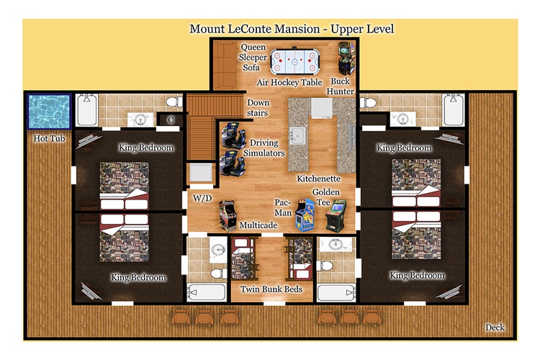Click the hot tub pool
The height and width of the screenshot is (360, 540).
(50, 112)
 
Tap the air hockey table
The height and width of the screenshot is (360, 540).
(294, 62)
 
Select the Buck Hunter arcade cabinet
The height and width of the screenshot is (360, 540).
(346, 58)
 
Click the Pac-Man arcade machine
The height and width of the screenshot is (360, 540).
(305, 215)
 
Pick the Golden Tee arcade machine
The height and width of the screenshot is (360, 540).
(336, 216)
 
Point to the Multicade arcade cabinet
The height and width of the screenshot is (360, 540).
(228, 216)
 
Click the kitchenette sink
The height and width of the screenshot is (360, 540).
(297, 135)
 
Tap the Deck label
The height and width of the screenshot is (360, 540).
(495, 328)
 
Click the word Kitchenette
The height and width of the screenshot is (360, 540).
(318, 179)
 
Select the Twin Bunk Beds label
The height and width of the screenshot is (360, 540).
(271, 289)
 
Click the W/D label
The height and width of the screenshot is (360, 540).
(202, 198)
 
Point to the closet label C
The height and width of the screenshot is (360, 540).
(171, 120)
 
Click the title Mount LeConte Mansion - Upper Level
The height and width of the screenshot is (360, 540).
(292, 29)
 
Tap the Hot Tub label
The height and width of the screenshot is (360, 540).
(49, 138)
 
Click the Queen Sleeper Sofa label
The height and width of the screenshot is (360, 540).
(253, 57)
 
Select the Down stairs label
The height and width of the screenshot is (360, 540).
(258, 107)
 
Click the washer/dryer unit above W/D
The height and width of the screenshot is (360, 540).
(202, 173)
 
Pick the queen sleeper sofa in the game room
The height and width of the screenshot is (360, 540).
(224, 65)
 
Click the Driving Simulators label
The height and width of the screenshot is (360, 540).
(264, 148)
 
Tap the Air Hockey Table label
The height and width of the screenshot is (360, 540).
(289, 82)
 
